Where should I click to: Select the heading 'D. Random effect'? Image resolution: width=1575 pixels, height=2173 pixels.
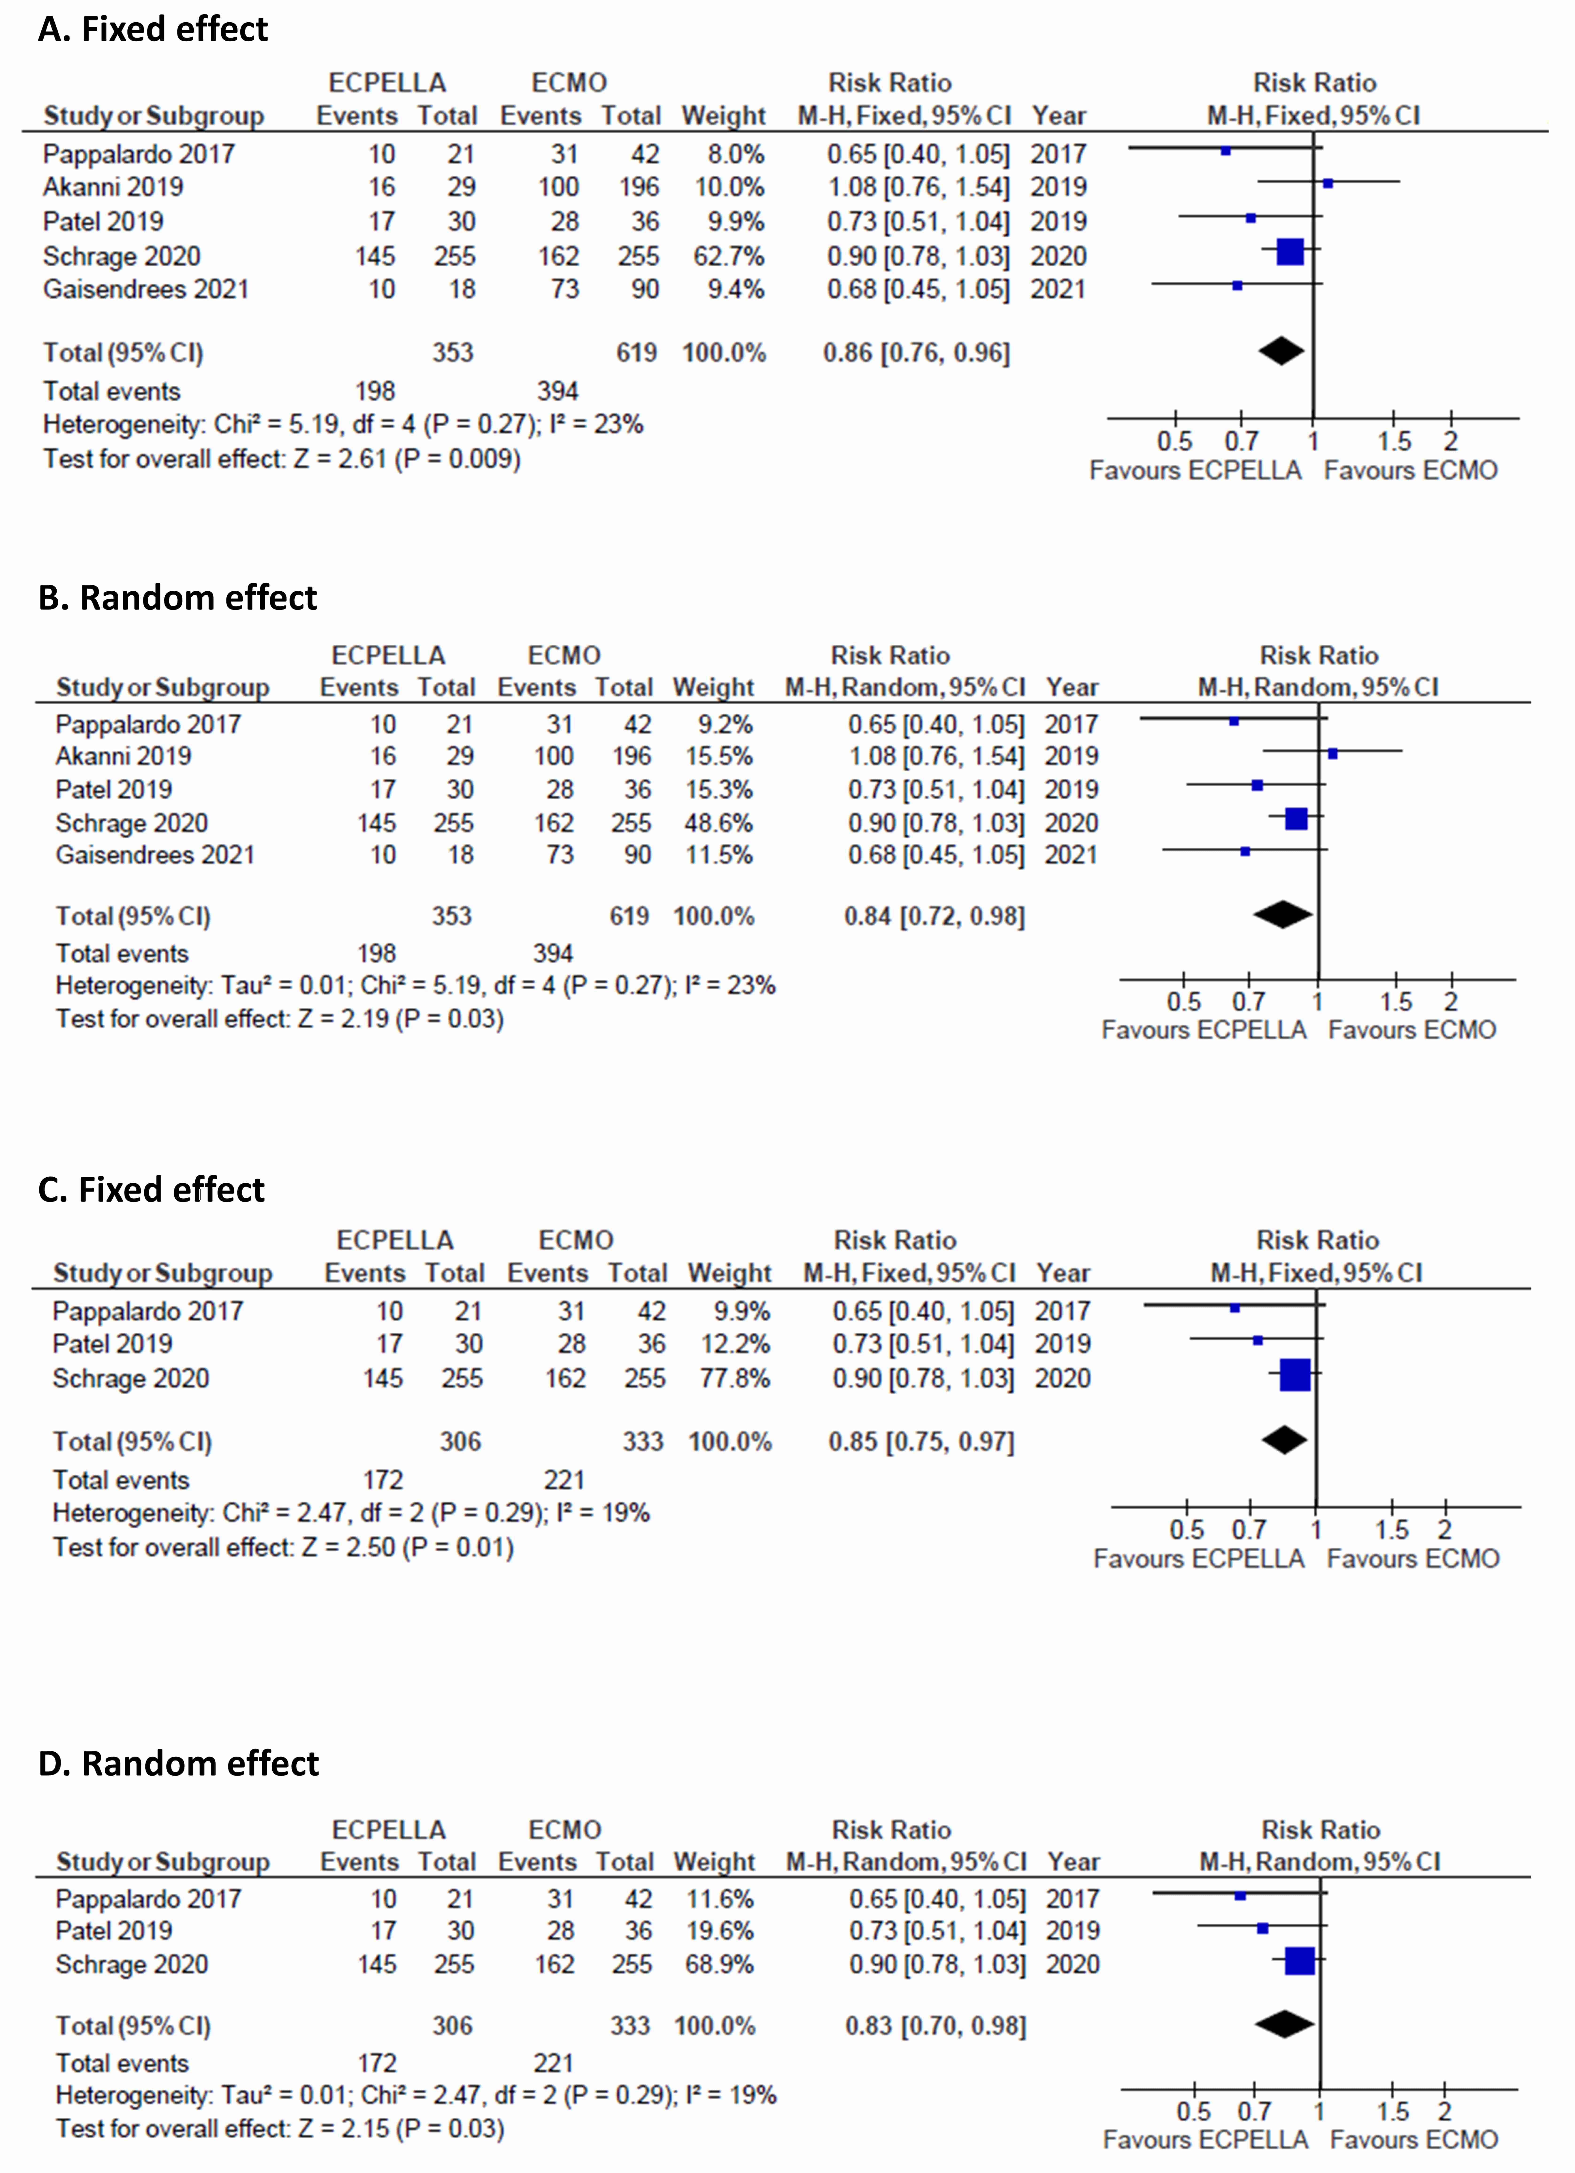(178, 1763)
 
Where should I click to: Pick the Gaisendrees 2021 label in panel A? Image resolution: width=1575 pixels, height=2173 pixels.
(146, 289)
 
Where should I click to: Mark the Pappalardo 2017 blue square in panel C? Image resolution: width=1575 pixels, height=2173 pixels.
(1235, 1308)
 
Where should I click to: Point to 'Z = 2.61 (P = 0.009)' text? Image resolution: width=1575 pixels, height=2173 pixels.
(407, 459)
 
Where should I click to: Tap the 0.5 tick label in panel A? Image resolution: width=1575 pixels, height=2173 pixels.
(1174, 442)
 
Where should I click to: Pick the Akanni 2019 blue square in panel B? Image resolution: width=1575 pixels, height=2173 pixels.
(1333, 754)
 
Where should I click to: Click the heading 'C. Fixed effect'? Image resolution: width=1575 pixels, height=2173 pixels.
(151, 1190)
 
